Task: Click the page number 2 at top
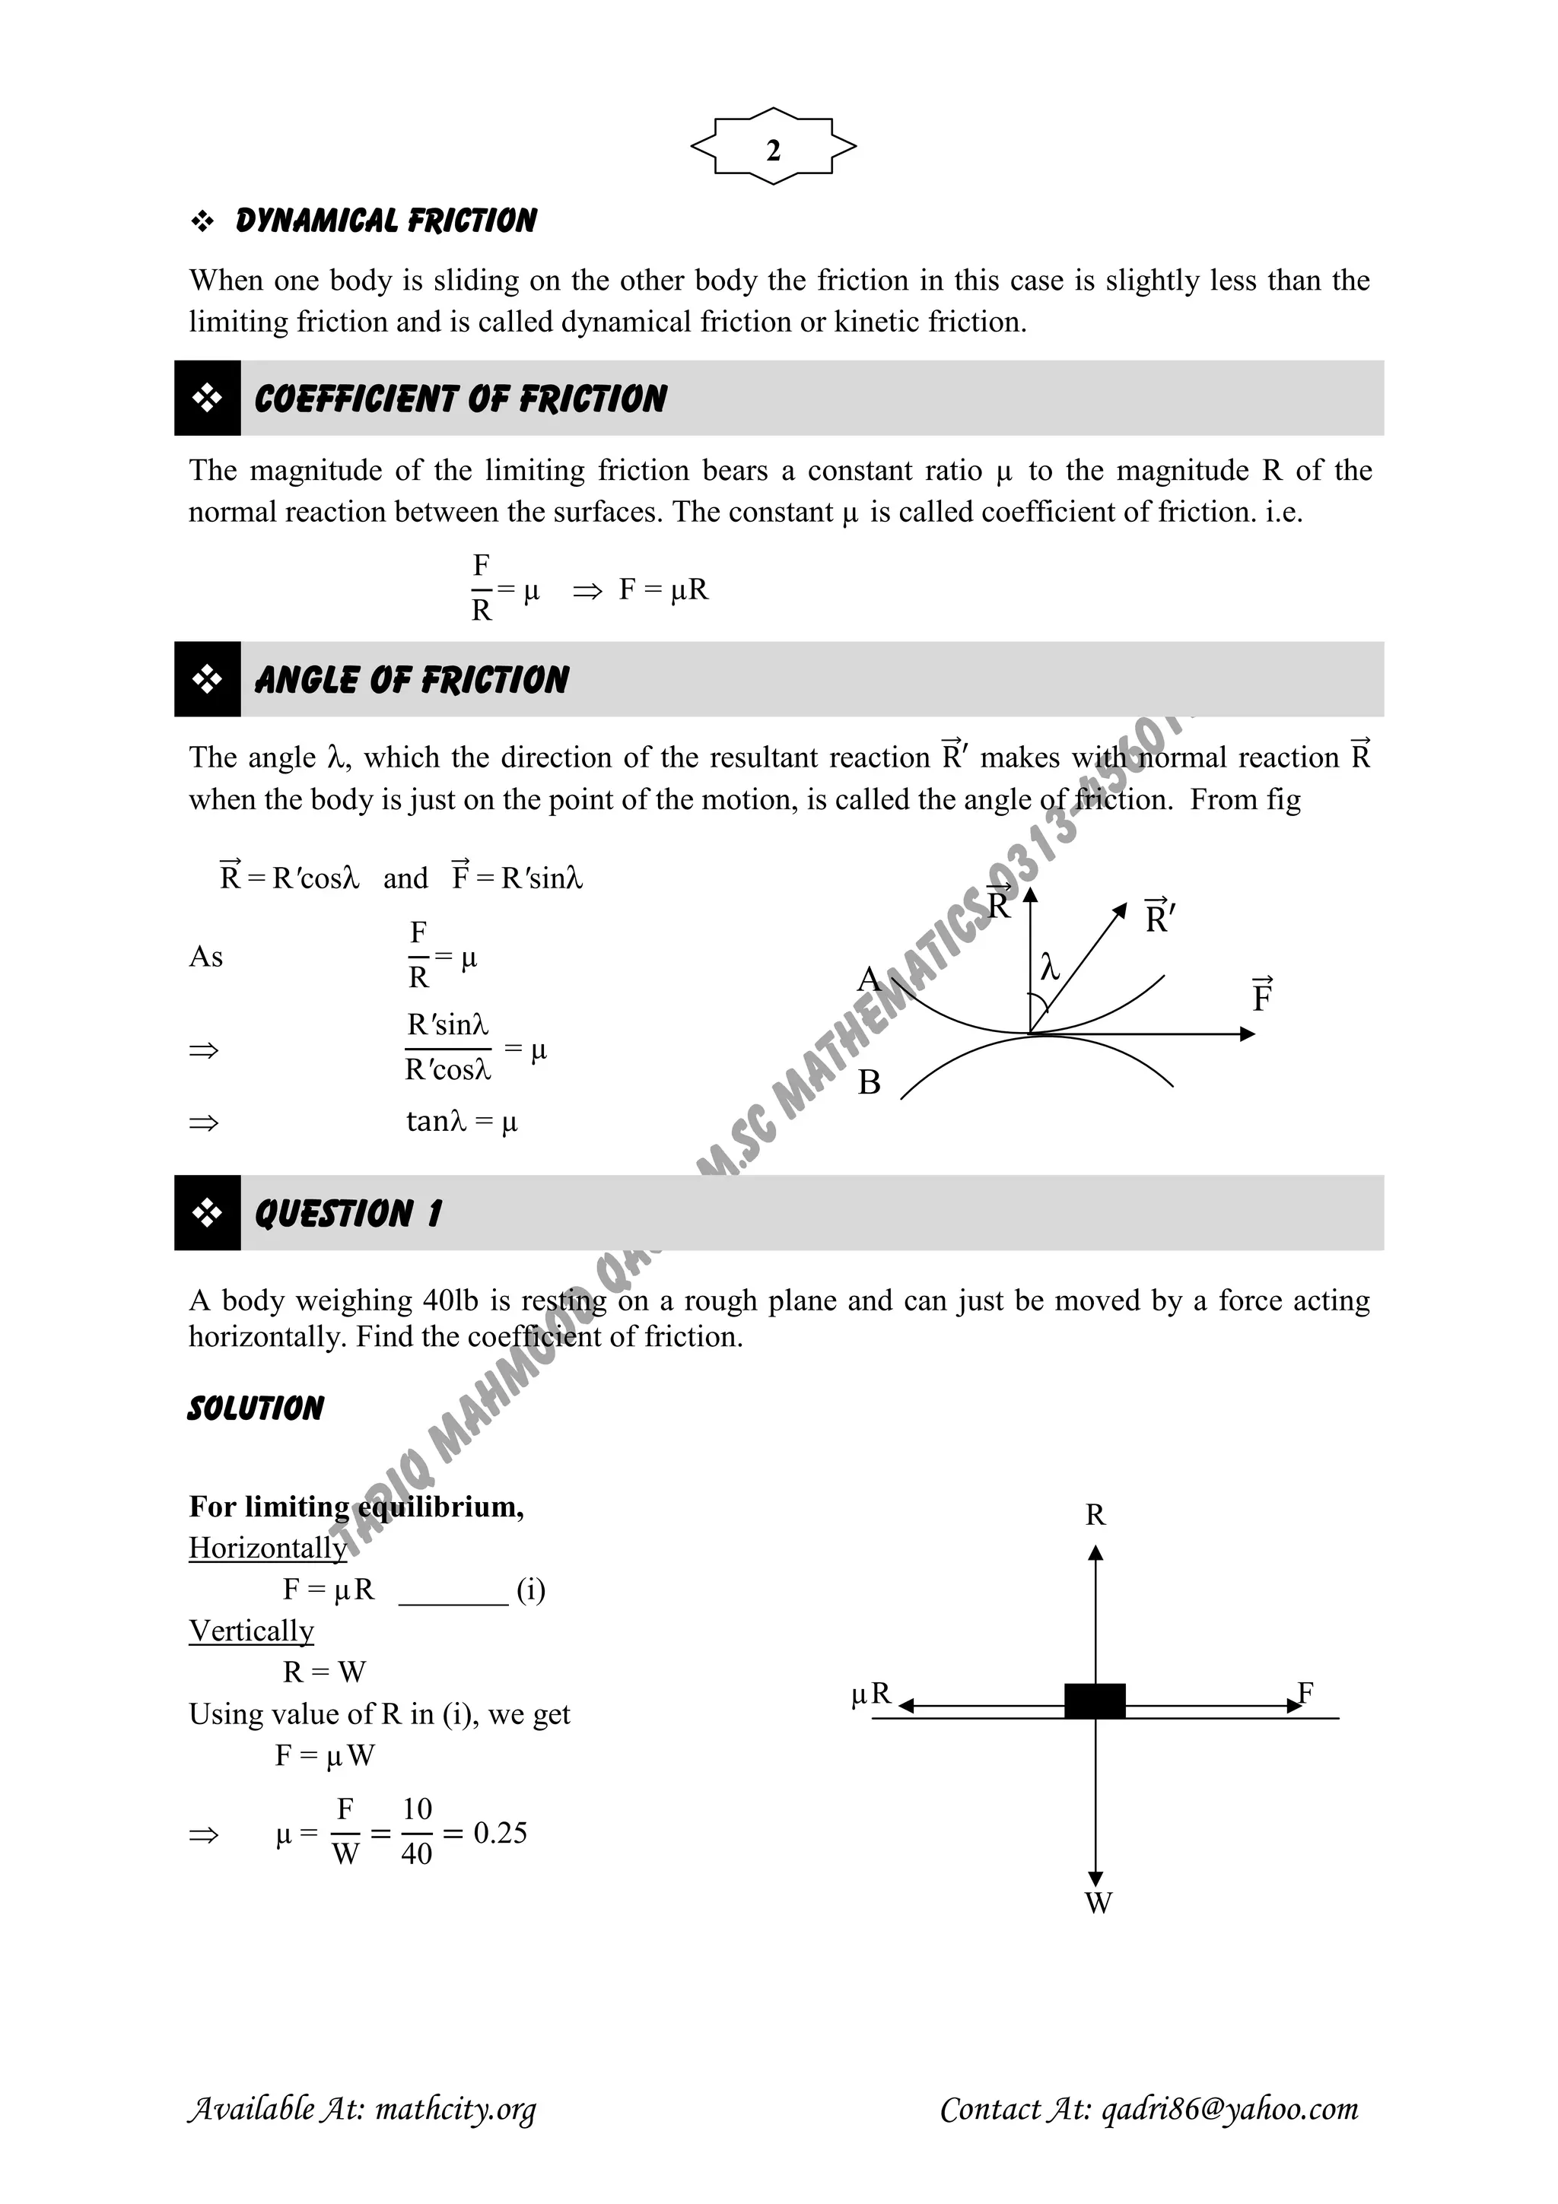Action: (773, 151)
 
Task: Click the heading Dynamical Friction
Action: (385, 222)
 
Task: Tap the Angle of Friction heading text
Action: (411, 681)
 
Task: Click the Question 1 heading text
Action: (348, 1213)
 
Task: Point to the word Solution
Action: (256, 1409)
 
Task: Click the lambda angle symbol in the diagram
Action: (1050, 967)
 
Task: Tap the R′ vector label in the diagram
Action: (1159, 916)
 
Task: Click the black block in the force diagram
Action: (1095, 1700)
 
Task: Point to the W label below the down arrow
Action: (1097, 1903)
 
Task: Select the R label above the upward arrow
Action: (1095, 1516)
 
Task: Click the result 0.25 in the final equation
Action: (500, 1833)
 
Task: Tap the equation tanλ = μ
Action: (462, 1121)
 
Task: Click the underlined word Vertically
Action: (252, 1631)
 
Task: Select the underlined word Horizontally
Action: (268, 1548)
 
